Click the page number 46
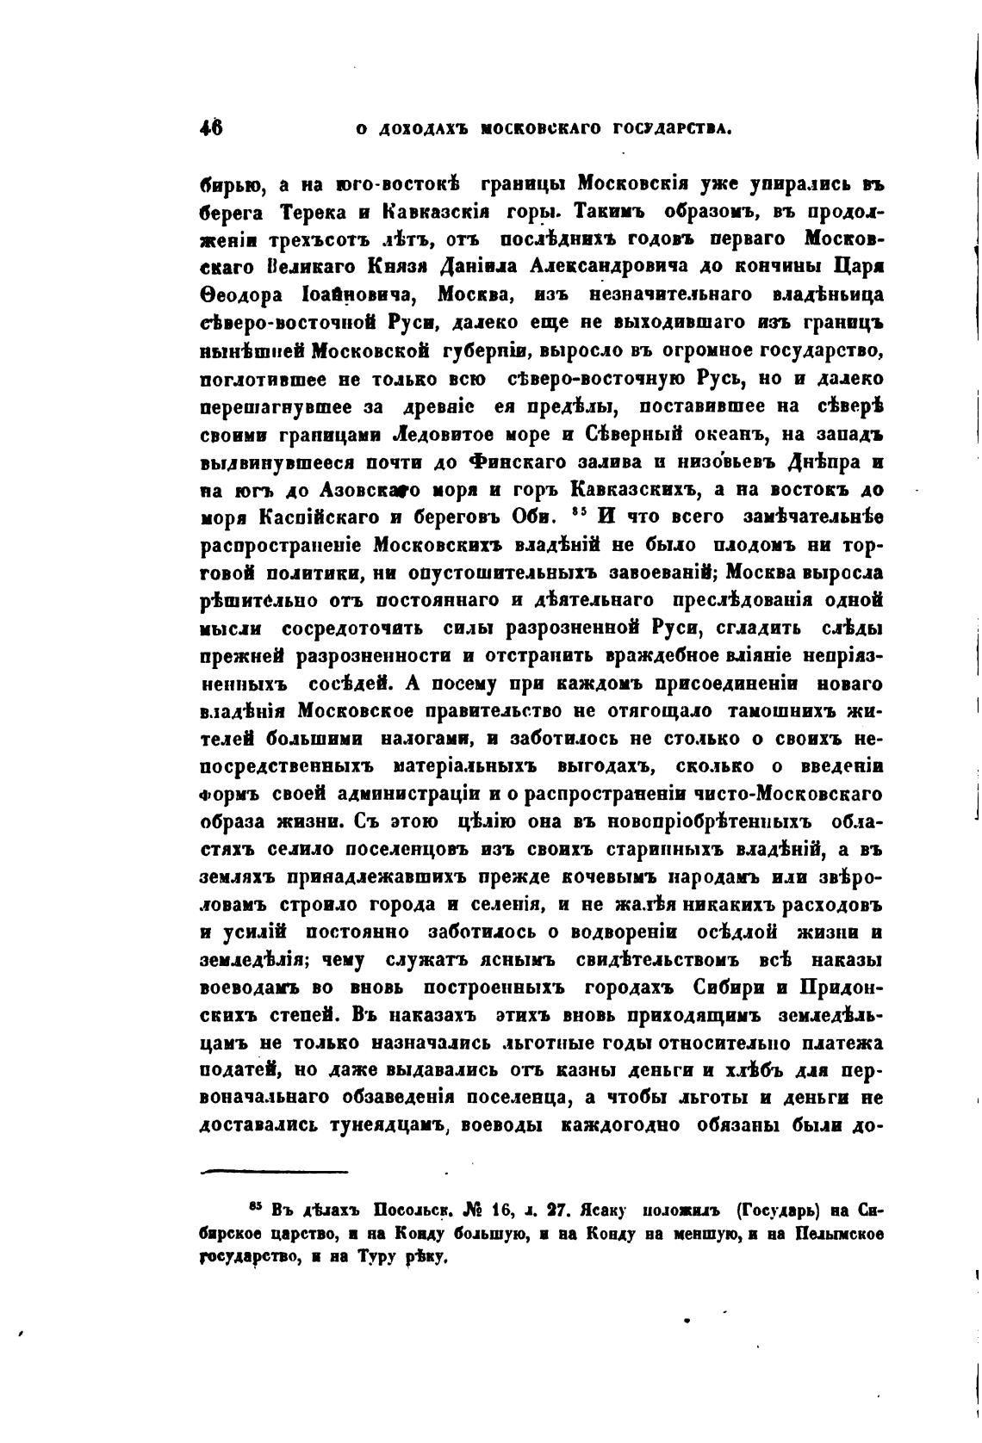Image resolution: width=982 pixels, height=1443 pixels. point(211,127)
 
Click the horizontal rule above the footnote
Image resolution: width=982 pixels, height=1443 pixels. point(273,1171)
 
